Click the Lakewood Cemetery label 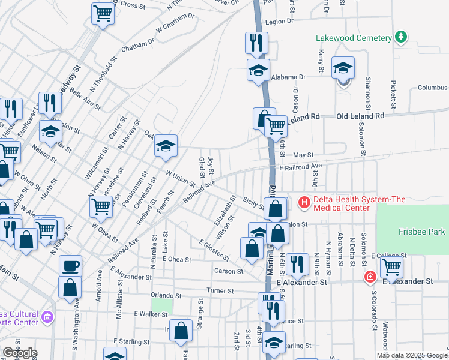[354, 38]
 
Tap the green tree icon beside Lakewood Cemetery [400, 38]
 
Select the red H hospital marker [305, 203]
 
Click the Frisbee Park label [422, 231]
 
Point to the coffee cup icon [70, 265]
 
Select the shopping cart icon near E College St [391, 266]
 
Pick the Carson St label [228, 271]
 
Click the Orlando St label [166, 295]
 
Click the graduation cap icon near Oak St [166, 146]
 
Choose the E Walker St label [150, 313]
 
